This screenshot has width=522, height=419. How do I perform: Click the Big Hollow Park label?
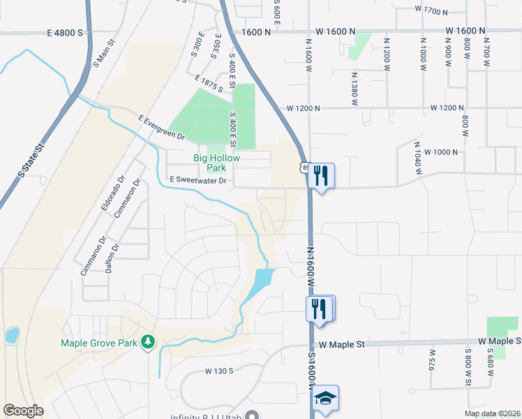pyautogui.click(x=216, y=163)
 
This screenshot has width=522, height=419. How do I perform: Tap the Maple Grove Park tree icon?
pyautogui.click(x=148, y=342)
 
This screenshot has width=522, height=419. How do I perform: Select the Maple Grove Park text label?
pyautogui.click(x=100, y=343)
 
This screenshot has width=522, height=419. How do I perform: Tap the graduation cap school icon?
pyautogui.click(x=325, y=399)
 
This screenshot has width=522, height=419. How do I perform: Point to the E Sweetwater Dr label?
pyautogui.click(x=199, y=181)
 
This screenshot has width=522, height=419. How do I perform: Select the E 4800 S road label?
pyautogui.click(x=65, y=33)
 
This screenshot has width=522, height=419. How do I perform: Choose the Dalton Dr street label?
pyautogui.click(x=109, y=262)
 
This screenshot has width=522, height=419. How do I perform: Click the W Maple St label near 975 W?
pyautogui.click(x=342, y=344)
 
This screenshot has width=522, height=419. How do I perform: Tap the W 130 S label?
pyautogui.click(x=219, y=371)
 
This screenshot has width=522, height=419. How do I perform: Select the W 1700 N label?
pyautogui.click(x=430, y=10)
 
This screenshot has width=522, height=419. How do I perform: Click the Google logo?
pyautogui.click(x=23, y=411)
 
